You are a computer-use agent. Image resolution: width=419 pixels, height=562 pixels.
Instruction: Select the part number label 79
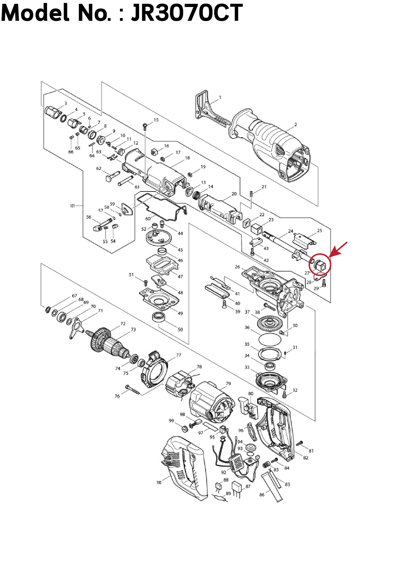(228, 383)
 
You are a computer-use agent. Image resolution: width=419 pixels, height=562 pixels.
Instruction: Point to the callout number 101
(73, 206)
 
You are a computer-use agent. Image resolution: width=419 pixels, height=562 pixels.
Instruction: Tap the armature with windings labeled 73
(109, 345)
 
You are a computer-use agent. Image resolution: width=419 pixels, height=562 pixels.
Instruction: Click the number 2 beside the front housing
(295, 125)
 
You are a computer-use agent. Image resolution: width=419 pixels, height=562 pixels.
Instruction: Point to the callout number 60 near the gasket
(148, 219)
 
